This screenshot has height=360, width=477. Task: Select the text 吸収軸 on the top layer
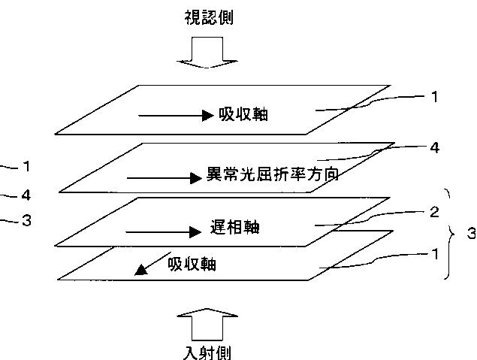243,115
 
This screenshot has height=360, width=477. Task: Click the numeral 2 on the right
434,211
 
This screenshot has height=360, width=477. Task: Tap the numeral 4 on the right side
434,147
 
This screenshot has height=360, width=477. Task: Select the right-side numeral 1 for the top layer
434,96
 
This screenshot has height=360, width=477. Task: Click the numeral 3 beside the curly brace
470,234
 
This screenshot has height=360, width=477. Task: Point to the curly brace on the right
451,234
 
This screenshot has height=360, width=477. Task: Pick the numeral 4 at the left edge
26,195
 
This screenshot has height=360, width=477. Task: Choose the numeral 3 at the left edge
26,220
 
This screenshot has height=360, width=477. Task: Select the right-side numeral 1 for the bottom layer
434,254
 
